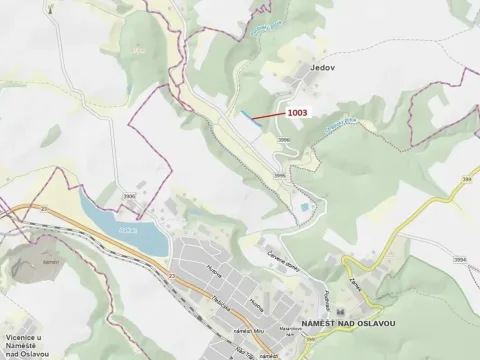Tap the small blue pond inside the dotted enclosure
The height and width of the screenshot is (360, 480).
pyautogui.click(x=299, y=206)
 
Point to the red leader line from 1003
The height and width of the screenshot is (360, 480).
pyautogui.click(x=265, y=118)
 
